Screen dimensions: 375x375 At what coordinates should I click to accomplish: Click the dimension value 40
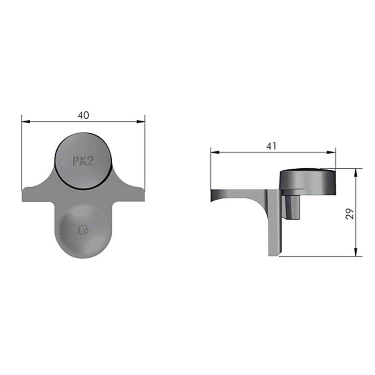[83, 115]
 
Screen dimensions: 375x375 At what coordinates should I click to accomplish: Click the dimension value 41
[271, 146]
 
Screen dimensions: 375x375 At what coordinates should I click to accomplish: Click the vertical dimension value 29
[350, 213]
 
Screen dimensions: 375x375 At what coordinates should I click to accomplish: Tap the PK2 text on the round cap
[83, 161]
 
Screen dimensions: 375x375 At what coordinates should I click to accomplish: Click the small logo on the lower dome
[83, 230]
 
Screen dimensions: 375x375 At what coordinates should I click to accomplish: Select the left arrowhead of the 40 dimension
[26, 122]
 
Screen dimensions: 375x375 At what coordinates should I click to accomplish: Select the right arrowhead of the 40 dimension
[141, 122]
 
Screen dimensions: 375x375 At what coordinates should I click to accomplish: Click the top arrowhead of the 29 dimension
[356, 173]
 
